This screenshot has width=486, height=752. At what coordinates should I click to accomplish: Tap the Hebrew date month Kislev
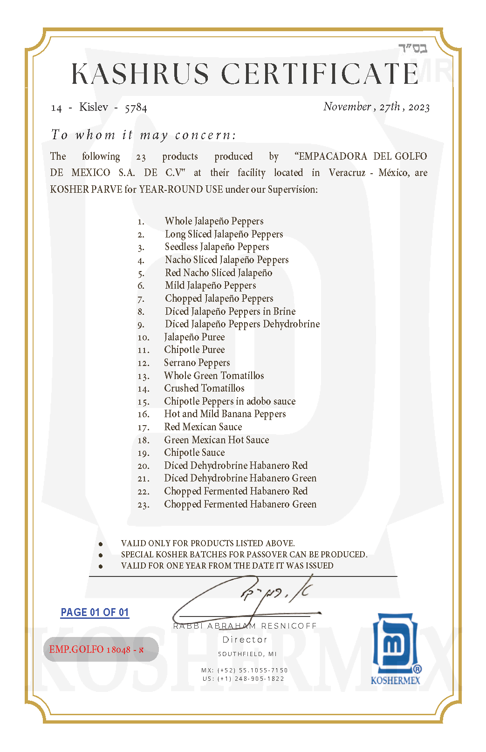tap(94, 107)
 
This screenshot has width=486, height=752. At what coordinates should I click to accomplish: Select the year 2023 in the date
tap(419, 107)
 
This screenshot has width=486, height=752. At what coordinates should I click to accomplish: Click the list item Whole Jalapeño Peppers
tap(214, 221)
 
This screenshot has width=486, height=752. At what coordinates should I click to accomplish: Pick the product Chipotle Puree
tap(194, 350)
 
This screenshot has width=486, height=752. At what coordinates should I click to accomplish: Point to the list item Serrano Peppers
tap(197, 363)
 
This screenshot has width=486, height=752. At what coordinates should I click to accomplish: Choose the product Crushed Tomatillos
tap(204, 388)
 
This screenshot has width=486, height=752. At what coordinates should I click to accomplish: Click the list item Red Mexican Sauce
tap(203, 427)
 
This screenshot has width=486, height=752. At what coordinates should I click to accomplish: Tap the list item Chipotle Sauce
tap(194, 453)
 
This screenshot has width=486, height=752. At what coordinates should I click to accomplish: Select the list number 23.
tap(143, 505)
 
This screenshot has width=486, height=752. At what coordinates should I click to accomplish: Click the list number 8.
tap(141, 312)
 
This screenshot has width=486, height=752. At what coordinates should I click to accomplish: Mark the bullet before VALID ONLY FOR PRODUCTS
tap(101, 544)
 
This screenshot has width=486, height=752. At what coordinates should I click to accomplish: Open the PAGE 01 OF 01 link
tap(95, 612)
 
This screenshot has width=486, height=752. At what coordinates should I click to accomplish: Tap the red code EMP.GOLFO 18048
tap(96, 650)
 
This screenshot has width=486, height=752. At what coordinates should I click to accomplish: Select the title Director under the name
tap(245, 640)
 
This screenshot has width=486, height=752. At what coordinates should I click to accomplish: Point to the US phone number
tap(243, 678)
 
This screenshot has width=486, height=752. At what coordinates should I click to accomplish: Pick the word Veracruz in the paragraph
tap(347, 173)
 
